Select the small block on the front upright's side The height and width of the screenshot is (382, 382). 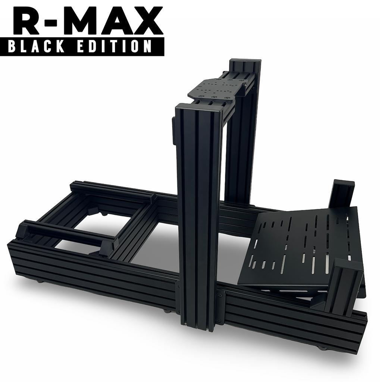point(173,131)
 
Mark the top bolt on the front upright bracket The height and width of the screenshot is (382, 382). point(220,295)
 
